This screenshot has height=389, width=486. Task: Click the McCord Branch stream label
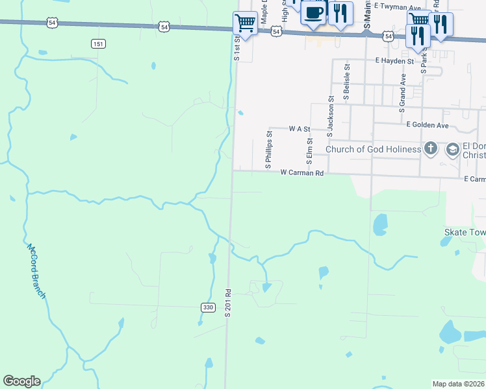[36, 271]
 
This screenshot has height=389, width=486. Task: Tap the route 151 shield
[97, 43]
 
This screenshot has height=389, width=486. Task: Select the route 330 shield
[207, 307]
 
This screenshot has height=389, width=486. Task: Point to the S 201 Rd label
[229, 302]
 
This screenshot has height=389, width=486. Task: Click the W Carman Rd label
[302, 173]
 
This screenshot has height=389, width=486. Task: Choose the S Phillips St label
[268, 150]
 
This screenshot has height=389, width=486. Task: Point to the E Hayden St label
[394, 61]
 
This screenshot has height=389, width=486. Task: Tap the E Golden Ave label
[428, 124]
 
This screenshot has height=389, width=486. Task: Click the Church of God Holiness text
[373, 150]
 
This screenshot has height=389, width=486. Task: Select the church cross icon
[430, 149]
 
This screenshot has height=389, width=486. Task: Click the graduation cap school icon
[452, 150]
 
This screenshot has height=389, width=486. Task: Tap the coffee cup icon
[314, 12]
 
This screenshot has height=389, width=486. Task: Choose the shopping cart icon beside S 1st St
[245, 23]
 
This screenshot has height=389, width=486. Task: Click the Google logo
[21, 381]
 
